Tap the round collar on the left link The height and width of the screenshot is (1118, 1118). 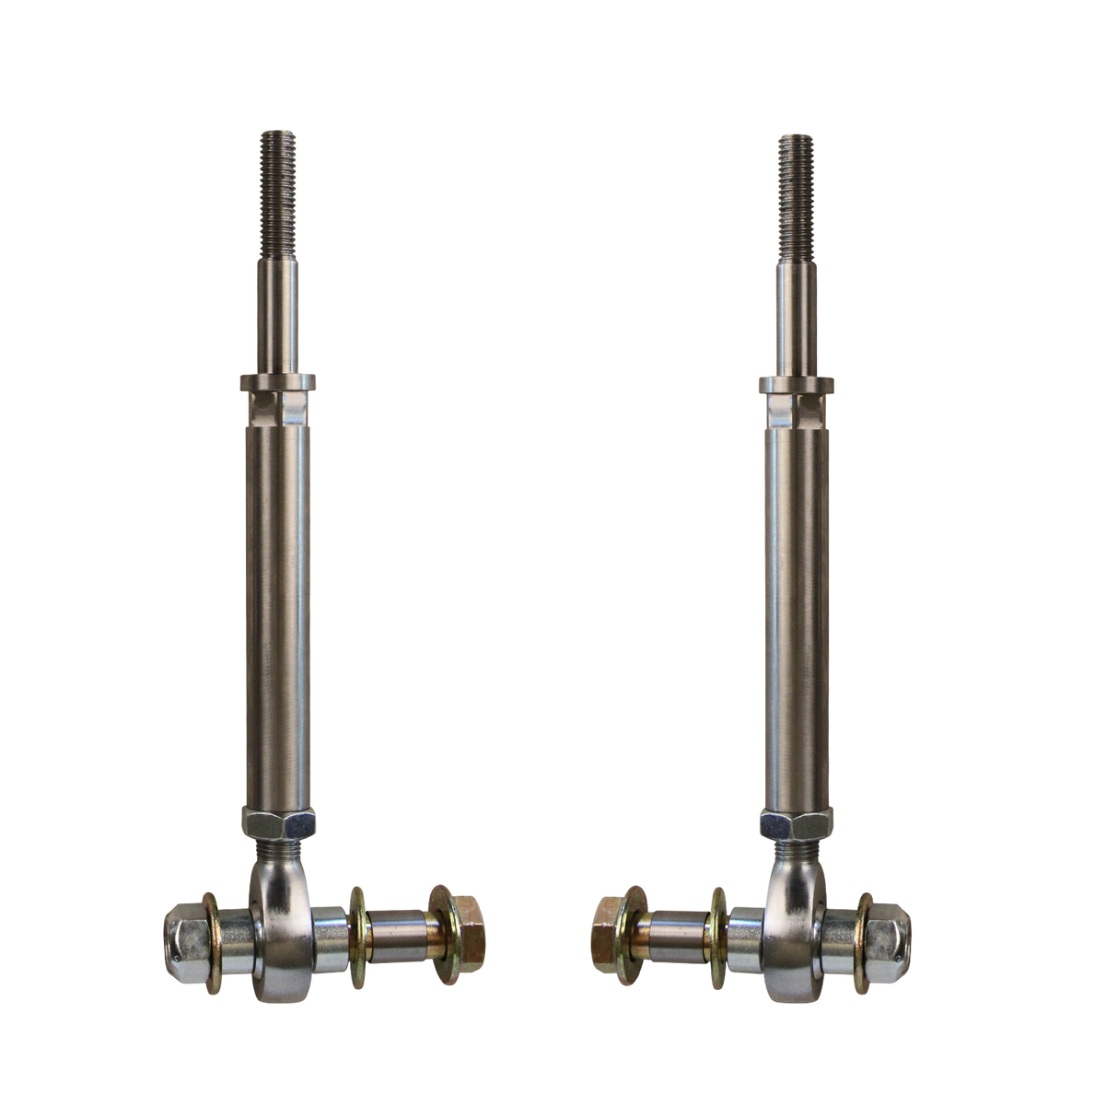[277, 380]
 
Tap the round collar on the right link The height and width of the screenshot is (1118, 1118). [796, 380]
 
